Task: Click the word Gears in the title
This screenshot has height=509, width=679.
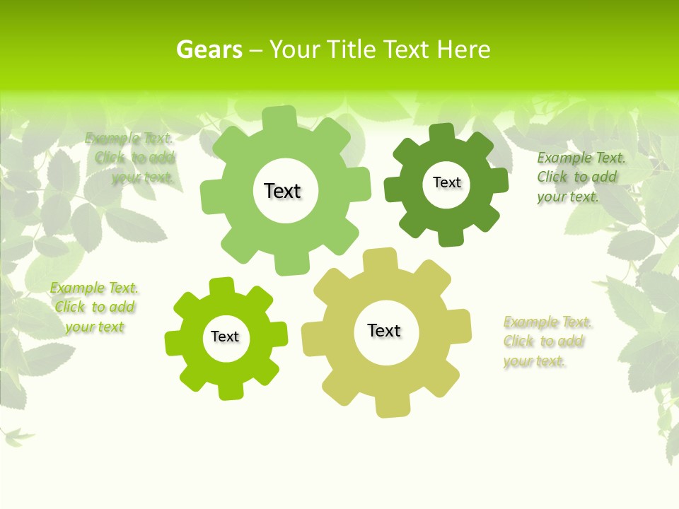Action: (209, 49)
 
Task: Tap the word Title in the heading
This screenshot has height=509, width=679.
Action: (353, 49)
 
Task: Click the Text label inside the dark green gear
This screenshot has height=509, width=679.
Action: (446, 182)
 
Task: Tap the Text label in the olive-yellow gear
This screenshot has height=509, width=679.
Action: (384, 330)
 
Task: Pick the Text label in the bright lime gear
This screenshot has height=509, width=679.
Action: (225, 337)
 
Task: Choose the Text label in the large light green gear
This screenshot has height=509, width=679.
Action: (282, 191)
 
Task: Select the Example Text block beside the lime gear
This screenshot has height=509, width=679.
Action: (94, 308)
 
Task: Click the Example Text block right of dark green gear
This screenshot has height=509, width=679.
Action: (577, 177)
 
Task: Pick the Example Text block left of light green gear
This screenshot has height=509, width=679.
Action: (132, 158)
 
